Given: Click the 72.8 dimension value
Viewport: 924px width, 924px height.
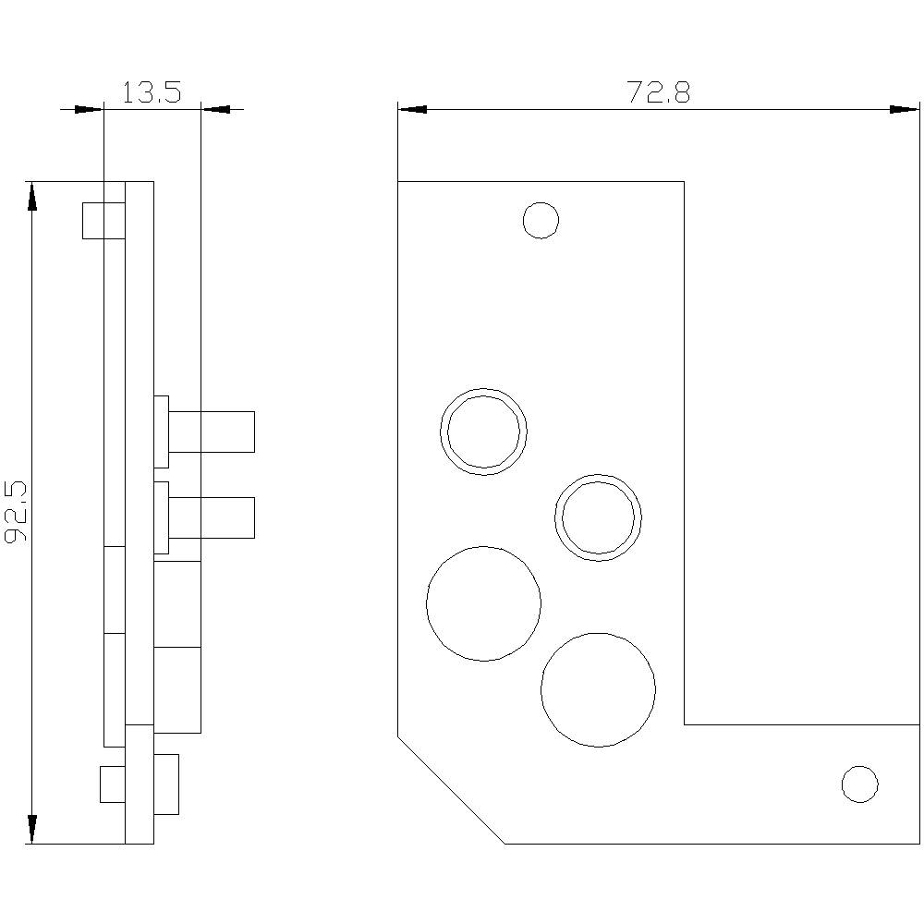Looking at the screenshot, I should click(659, 92).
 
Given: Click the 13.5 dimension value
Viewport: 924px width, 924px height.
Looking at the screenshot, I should click(151, 92).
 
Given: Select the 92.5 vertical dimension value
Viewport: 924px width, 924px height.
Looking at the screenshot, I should click(16, 512).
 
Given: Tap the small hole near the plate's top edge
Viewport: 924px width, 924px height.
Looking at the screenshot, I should click(541, 220).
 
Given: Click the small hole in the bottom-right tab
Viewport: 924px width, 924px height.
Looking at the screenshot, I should click(859, 784).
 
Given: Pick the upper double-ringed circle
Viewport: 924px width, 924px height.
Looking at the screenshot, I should click(483, 432).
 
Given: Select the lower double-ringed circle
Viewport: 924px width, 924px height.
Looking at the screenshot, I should click(599, 517).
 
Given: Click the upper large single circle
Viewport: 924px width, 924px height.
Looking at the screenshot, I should click(483, 603).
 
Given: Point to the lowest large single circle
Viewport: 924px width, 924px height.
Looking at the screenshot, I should click(598, 689).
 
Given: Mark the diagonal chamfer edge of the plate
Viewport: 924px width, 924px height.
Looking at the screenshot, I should click(451, 789).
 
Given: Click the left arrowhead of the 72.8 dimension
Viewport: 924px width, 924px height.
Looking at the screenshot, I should click(411, 109).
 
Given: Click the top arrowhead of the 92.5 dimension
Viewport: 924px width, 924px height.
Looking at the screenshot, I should click(32, 196).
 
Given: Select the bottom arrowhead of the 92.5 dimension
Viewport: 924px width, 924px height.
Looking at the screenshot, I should click(32, 829).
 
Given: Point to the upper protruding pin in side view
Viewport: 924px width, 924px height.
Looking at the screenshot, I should click(212, 432).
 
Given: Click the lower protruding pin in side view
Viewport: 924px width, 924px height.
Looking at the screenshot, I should click(212, 517).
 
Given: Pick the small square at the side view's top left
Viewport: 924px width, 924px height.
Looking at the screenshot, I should click(103, 220).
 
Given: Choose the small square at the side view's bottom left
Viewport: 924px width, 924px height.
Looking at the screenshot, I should click(112, 784).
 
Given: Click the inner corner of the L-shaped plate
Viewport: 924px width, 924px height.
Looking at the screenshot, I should click(684, 724).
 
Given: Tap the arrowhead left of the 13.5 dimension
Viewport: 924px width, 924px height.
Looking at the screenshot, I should click(88, 109).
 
